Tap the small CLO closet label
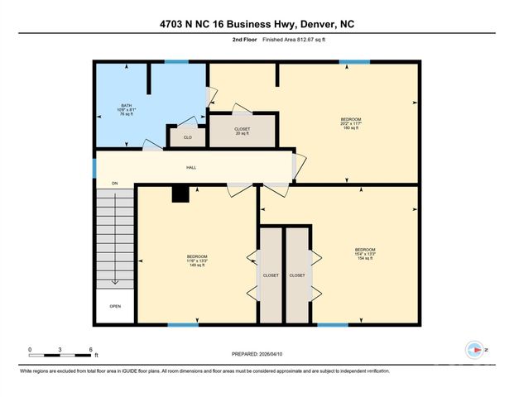coord(188,137)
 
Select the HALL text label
coord(190,168)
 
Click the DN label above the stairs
coord(115,183)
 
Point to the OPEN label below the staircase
coord(115,306)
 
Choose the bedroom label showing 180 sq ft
coord(351,124)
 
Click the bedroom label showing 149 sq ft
coord(197,261)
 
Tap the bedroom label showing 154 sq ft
coord(365,254)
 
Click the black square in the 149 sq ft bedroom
coord(180,194)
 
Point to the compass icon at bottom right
coord(475,350)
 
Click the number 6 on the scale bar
coord(91,348)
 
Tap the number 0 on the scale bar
coord(30,348)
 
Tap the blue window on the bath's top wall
coord(175,62)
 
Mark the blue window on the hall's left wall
coord(94,167)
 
